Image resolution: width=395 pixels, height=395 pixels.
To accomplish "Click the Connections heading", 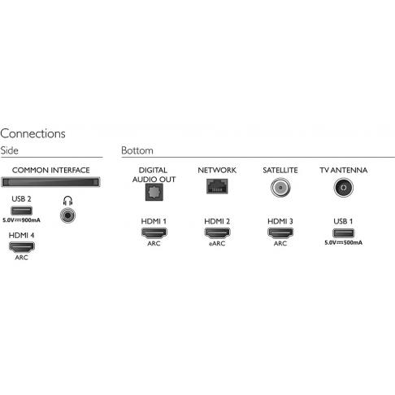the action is click(x=33, y=133).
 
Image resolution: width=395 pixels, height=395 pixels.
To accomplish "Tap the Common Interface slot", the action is click(x=50, y=182).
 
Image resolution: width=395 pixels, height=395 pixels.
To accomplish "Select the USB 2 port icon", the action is click(x=21, y=211).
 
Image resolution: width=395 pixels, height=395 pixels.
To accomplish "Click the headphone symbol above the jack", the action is click(x=67, y=201).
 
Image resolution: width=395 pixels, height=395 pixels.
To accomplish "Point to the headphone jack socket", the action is click(x=67, y=215).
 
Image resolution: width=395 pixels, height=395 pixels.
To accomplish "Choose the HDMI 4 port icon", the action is click(x=22, y=247).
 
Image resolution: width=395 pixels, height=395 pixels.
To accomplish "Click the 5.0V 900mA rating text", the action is click(x=21, y=220).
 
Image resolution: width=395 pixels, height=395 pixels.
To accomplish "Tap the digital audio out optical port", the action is click(x=154, y=192).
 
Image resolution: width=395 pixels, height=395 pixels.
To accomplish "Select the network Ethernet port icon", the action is click(x=217, y=186).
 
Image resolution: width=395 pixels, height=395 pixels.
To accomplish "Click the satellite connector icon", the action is click(x=280, y=188).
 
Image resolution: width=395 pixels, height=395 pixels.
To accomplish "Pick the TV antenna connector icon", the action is click(x=344, y=188).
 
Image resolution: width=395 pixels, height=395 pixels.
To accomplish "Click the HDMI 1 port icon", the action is click(x=154, y=233).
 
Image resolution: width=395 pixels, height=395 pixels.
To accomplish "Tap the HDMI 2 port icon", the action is click(x=217, y=233).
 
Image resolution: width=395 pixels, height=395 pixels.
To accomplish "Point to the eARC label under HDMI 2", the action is click(x=217, y=244).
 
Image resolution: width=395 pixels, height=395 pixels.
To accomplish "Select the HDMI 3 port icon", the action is click(x=280, y=233).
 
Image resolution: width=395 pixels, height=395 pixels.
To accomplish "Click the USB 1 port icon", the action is click(x=343, y=233).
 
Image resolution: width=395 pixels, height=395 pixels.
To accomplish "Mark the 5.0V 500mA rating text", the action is click(x=343, y=243).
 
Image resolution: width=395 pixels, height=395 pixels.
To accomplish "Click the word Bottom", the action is click(x=137, y=150).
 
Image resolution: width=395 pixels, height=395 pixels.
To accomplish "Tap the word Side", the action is click(x=9, y=150).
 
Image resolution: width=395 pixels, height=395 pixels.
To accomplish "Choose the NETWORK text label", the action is click(x=217, y=170).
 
